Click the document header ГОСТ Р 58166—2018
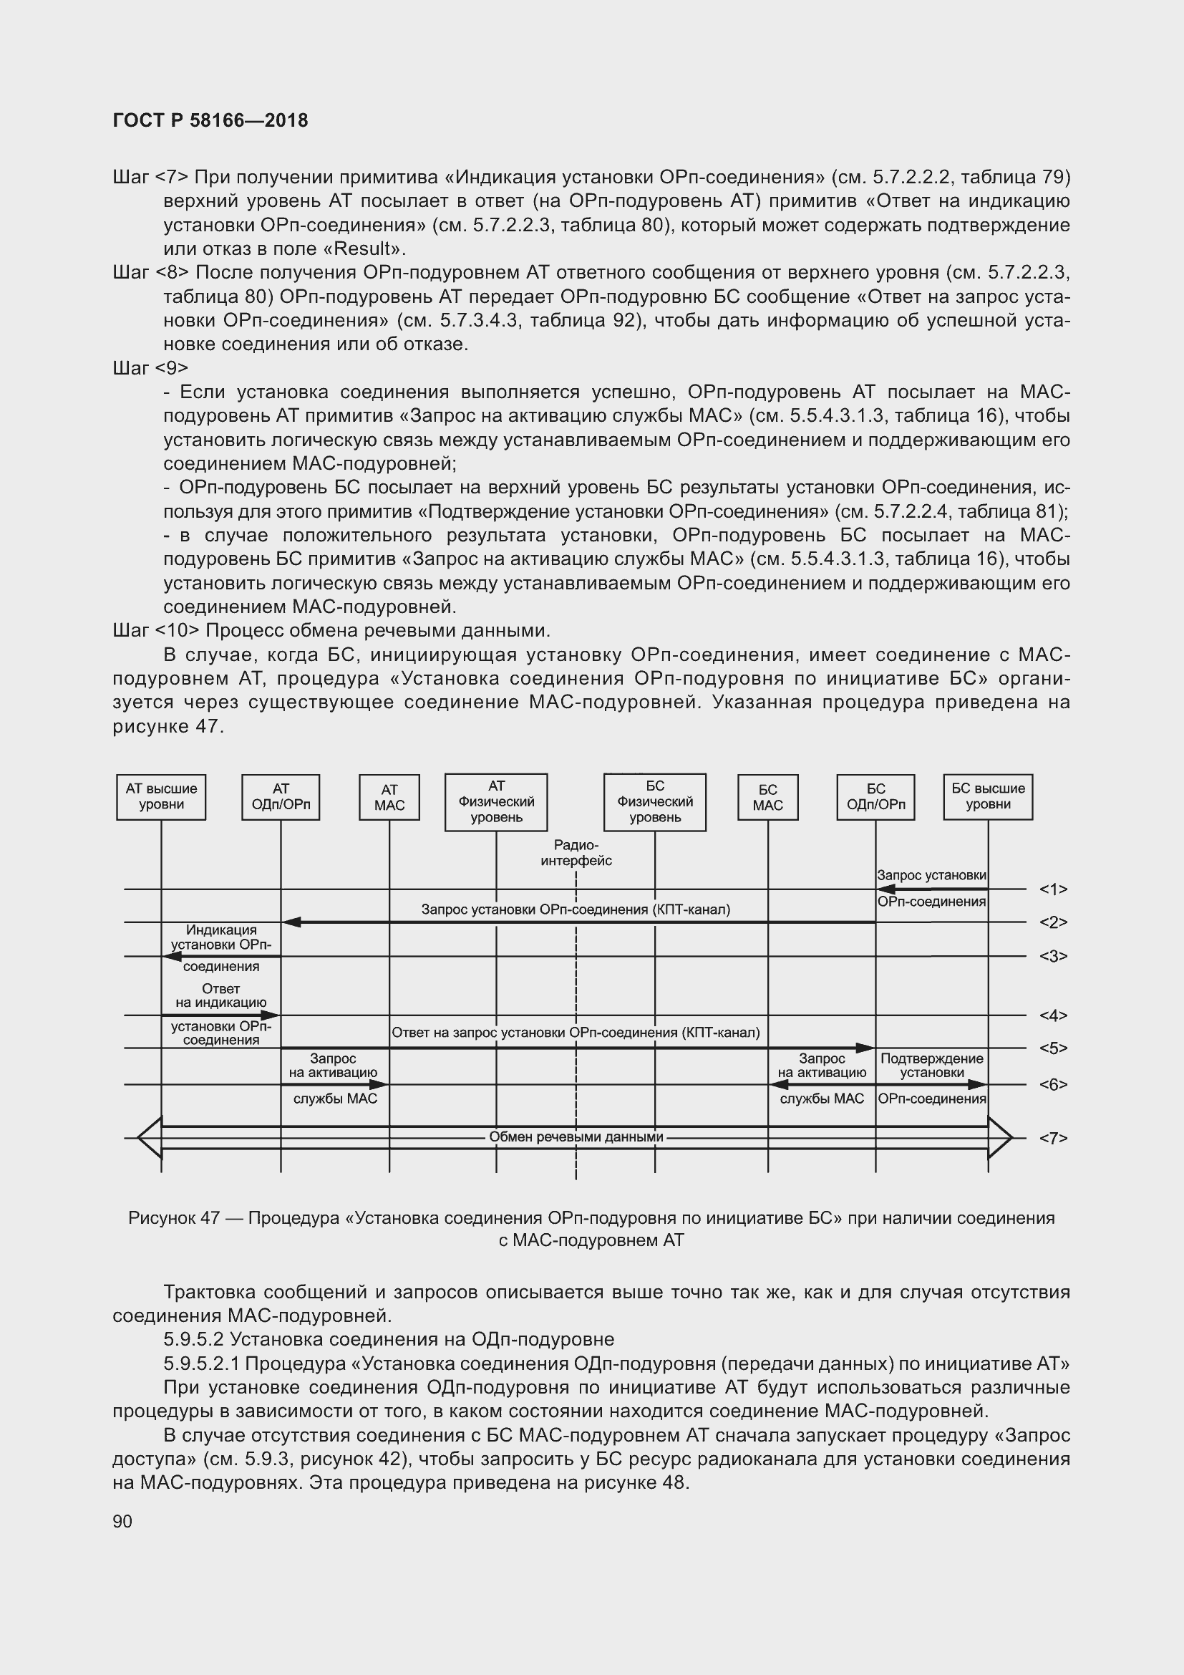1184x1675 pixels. pos(210,120)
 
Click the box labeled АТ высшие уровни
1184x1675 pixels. pos(161,796)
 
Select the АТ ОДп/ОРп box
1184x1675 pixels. pos(281,796)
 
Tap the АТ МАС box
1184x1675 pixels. pos(389,797)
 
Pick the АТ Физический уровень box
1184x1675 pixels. pos(496,802)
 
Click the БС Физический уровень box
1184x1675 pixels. pos(655,802)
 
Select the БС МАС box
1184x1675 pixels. pos(767,797)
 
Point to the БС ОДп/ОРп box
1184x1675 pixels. pos(875,796)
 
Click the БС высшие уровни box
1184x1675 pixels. pos(988,796)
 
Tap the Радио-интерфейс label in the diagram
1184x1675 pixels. pos(576,853)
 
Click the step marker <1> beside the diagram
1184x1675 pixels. pos(1053,889)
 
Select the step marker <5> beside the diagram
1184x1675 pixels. pos(1053,1048)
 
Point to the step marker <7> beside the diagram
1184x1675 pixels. pos(1053,1138)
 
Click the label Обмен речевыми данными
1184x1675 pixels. pos(576,1136)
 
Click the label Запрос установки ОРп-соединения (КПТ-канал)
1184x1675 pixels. pos(576,909)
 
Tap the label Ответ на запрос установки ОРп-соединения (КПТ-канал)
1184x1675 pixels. pos(576,1033)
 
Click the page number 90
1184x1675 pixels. pos(122,1521)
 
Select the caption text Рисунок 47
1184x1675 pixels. pos(173,1217)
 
